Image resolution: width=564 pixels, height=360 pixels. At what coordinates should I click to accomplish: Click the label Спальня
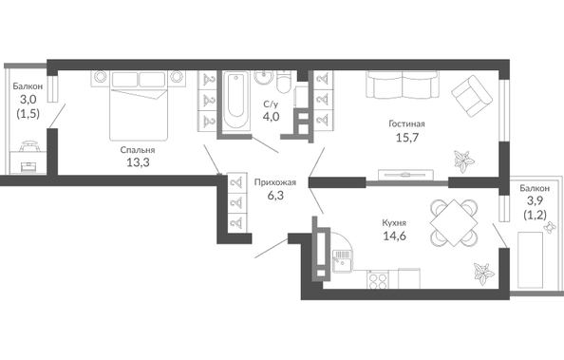[x=138, y=150]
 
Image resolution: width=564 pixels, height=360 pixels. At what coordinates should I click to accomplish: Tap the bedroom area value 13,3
[x=138, y=162]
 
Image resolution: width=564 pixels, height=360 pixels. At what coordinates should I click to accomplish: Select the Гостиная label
[x=406, y=123]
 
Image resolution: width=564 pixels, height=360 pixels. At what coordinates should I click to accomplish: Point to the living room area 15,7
[x=407, y=138]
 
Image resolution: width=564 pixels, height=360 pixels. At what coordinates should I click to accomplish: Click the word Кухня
[x=394, y=223]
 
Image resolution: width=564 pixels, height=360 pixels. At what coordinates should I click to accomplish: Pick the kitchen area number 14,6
[x=394, y=237]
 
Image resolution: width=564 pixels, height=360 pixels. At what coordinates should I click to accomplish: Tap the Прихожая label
[x=275, y=182]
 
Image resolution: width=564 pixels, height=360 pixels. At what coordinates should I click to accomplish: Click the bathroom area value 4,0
[x=271, y=117]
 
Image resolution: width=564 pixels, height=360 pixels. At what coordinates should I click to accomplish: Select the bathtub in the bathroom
[x=235, y=99]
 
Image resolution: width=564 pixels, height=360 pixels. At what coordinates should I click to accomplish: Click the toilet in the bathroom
[x=284, y=82]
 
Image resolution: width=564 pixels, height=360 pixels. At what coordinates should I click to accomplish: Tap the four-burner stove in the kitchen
[x=377, y=279]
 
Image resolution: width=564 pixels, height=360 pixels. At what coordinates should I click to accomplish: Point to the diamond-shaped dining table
[x=454, y=223]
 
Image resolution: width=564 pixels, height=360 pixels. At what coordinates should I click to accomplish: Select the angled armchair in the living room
[x=472, y=96]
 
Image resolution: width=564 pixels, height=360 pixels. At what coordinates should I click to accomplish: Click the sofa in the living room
[x=403, y=85]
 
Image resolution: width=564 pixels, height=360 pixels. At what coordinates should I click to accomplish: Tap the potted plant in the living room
[x=463, y=161]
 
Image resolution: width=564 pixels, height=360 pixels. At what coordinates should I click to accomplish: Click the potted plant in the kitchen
[x=482, y=274]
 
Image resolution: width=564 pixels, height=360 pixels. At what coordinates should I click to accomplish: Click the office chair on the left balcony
[x=28, y=146]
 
